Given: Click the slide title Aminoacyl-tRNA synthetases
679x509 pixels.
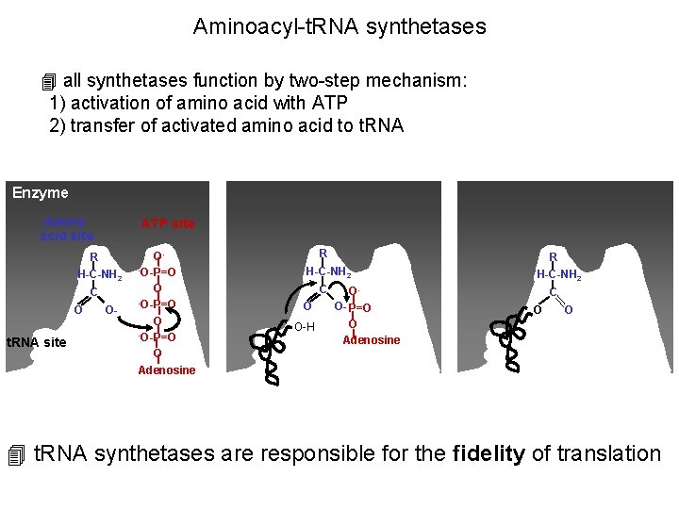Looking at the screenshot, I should (339, 26).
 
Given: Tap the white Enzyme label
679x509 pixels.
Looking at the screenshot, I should (41, 193).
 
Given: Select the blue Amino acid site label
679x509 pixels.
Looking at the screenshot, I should (66, 229).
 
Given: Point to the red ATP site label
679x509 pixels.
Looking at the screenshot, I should (168, 223).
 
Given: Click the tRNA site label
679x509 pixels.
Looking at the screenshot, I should (36, 342).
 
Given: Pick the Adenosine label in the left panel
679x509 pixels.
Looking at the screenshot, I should (167, 370).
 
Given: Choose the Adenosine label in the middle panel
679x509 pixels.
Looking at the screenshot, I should (371, 340).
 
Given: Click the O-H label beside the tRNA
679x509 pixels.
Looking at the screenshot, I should (304, 327).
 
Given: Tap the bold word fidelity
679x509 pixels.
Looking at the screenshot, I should (488, 453).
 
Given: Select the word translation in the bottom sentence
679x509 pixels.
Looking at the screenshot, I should (609, 453).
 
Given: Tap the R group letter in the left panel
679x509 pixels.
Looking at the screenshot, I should (93, 257).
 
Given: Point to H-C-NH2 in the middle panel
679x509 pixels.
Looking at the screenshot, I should (326, 271).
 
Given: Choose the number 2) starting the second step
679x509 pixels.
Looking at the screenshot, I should (57, 125).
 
